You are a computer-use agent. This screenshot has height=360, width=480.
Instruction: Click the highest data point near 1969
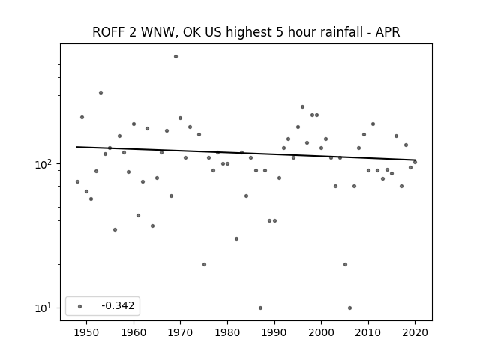[175, 57]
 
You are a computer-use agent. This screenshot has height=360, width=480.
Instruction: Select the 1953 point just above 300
[100, 92]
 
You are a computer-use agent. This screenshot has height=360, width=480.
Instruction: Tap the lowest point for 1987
[260, 307]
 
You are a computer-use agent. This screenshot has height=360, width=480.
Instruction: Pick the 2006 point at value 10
[350, 307]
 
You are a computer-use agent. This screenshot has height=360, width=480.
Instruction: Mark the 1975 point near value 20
[204, 264]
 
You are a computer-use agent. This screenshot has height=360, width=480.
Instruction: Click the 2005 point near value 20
[345, 264]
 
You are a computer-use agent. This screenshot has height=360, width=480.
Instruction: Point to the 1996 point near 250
[302, 106]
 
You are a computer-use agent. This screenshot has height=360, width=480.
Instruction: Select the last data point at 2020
[415, 162]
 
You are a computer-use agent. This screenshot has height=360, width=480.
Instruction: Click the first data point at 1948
[77, 181]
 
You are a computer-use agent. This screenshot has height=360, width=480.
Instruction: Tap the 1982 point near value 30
[236, 238]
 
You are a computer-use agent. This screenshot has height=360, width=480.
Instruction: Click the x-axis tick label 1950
[87, 332]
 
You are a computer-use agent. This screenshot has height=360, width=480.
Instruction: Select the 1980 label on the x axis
[227, 332]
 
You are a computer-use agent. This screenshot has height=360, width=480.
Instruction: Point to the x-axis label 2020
[415, 332]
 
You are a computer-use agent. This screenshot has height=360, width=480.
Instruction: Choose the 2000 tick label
[322, 332]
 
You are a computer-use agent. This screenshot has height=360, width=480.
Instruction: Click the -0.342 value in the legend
[118, 305]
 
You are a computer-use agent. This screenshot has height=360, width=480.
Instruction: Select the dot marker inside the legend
[80, 306]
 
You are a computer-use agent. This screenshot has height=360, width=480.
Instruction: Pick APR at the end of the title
[388, 32]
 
